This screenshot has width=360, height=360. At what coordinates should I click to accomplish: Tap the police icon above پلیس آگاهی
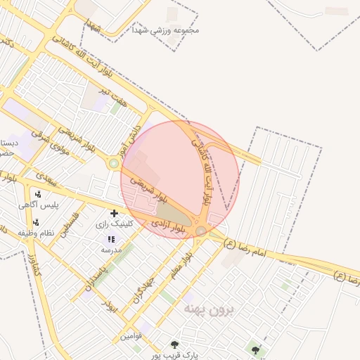click(x=37, y=195)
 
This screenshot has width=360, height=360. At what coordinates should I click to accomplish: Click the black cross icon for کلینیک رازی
click(x=114, y=212)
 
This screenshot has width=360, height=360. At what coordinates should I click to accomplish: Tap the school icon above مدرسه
click(x=111, y=239)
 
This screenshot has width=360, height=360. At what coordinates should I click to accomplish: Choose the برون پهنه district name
click(x=207, y=309)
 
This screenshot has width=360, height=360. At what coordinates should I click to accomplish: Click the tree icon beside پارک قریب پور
click(x=174, y=345)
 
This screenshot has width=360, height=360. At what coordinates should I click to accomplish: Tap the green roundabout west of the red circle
click(x=113, y=164)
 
